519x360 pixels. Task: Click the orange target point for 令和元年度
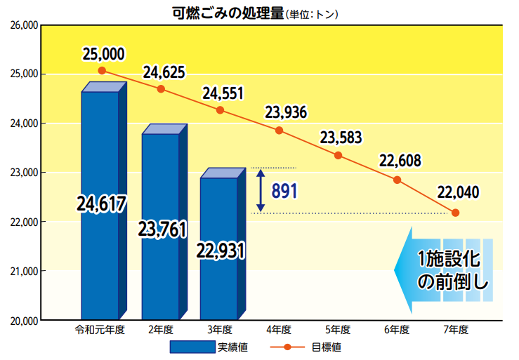click(x=102, y=71)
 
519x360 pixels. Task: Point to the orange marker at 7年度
click(x=456, y=213)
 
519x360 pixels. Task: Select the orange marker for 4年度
click(x=279, y=131)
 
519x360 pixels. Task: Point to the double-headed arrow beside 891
click(x=261, y=190)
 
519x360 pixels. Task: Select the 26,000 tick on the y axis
click(x=23, y=25)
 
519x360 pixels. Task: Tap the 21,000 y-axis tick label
click(x=23, y=271)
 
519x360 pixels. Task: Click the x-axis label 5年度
click(x=338, y=329)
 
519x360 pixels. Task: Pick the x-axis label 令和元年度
click(x=100, y=329)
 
